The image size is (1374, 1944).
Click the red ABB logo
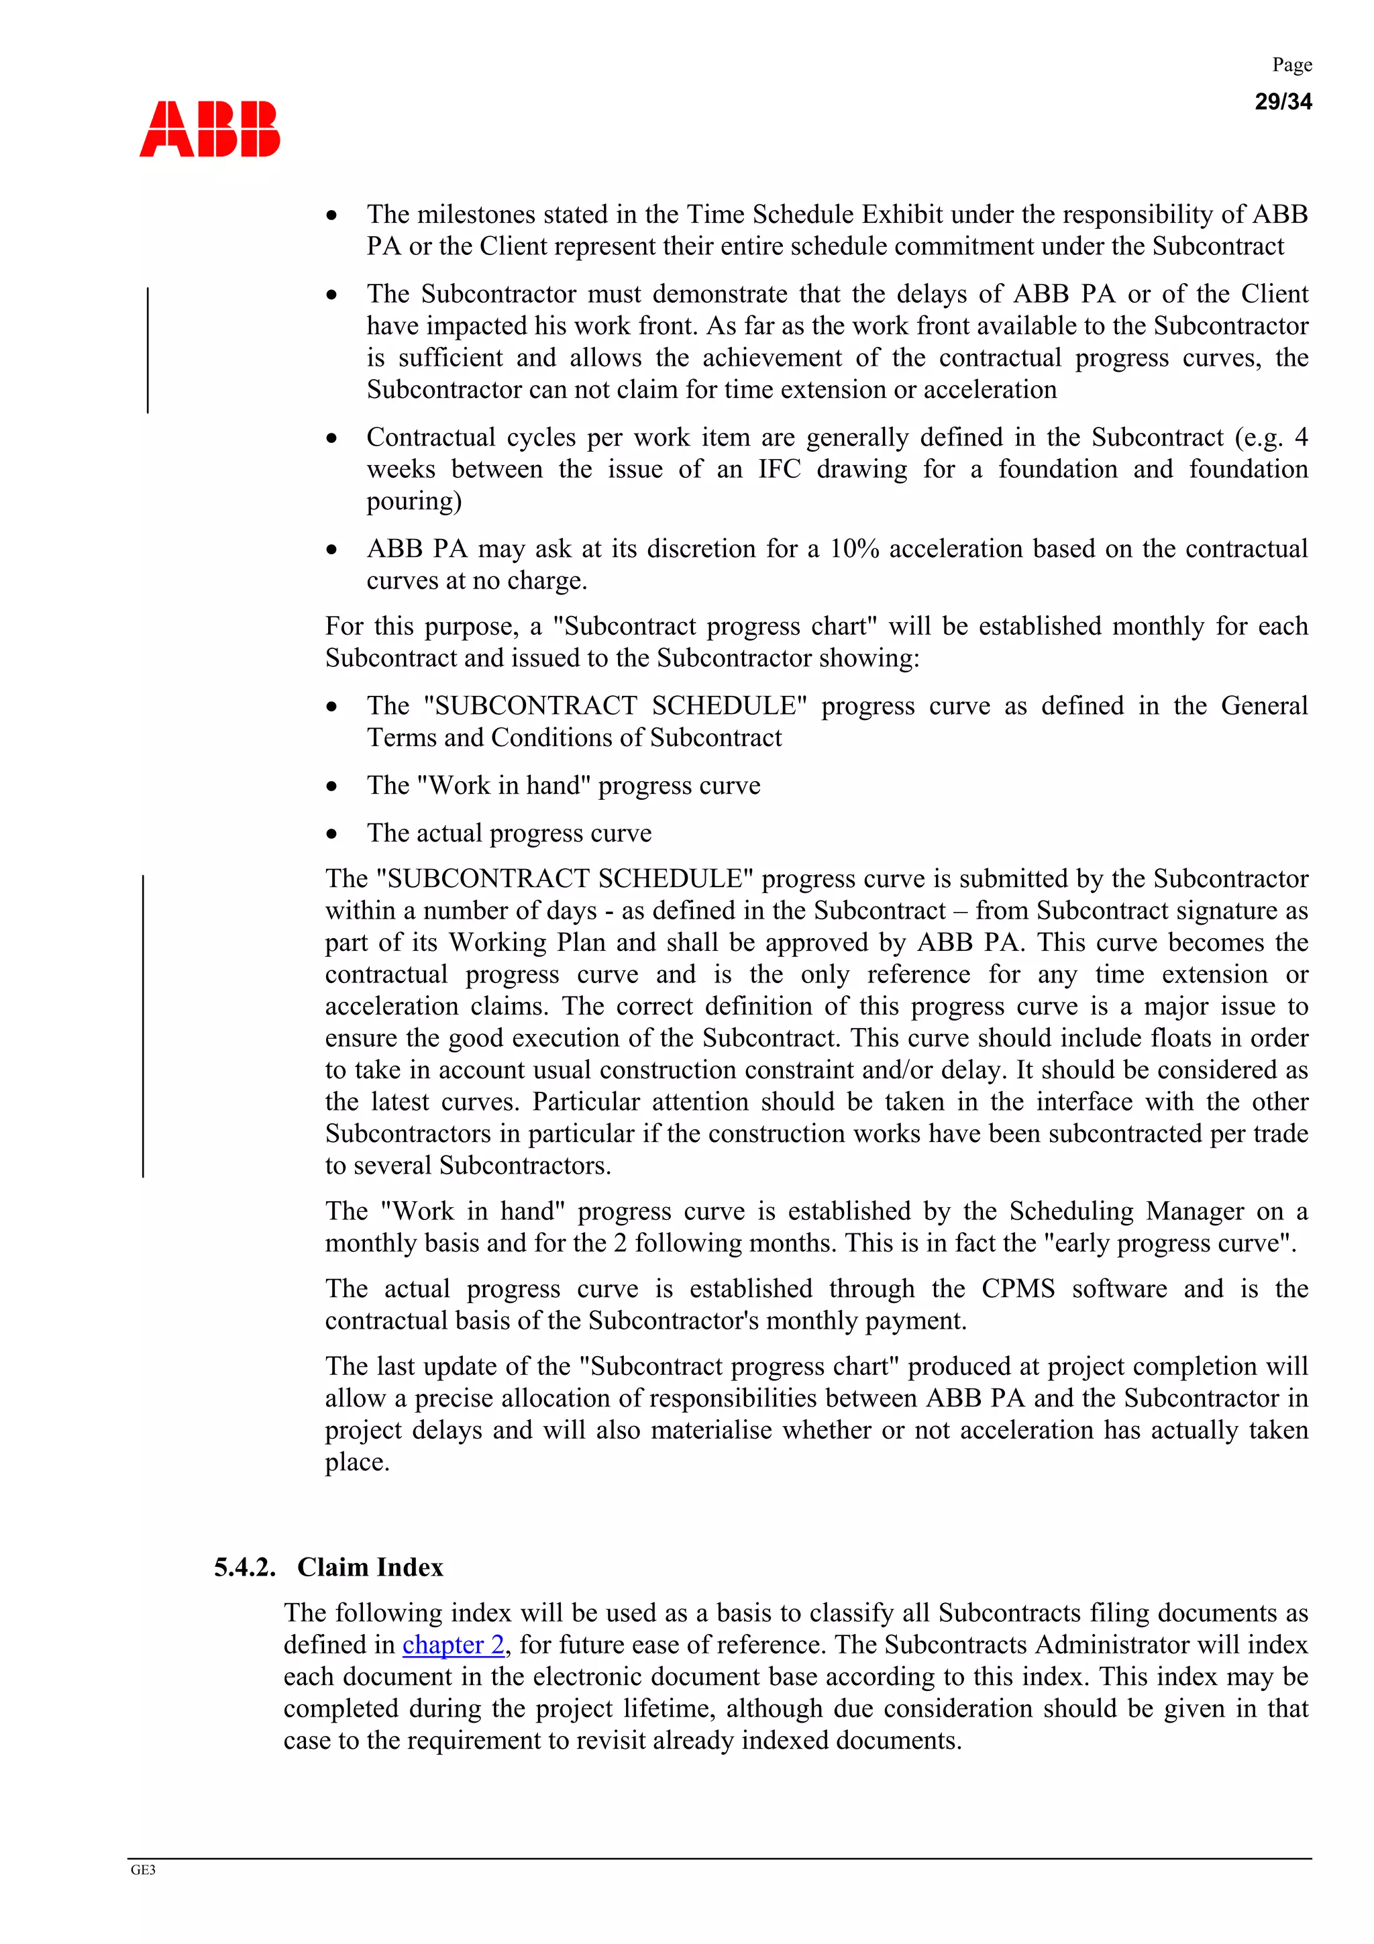[x=209, y=129]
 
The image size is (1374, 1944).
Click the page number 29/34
[x=1281, y=101]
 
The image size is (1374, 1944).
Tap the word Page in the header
[x=1291, y=65]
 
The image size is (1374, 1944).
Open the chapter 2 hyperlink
[x=453, y=1644]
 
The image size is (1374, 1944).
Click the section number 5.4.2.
[x=245, y=1568]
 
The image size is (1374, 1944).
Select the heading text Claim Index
[x=370, y=1568]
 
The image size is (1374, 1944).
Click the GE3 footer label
[x=143, y=1870]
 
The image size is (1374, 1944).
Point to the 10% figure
[x=853, y=549]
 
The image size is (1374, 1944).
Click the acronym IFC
[x=779, y=469]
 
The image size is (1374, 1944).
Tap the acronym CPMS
[x=1018, y=1288]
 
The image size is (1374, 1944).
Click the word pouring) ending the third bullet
[x=414, y=501]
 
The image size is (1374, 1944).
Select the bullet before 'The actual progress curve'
[x=332, y=834]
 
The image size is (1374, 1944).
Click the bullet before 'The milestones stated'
[x=332, y=215]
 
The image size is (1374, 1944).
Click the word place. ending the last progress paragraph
[x=358, y=1462]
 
